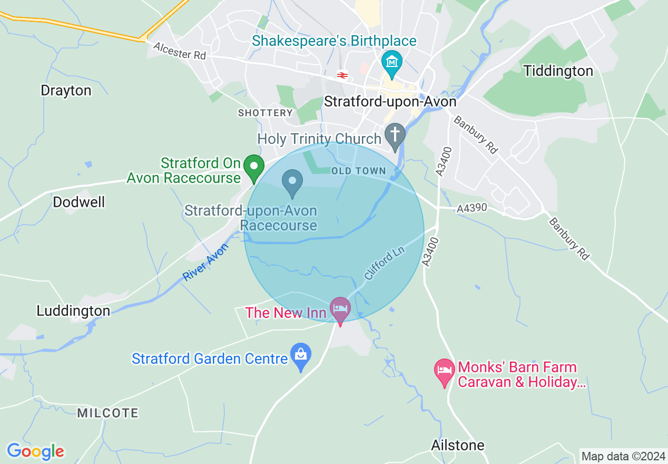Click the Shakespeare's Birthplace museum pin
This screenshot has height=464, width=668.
[x=392, y=63]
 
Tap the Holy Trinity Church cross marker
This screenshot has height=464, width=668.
[x=395, y=135]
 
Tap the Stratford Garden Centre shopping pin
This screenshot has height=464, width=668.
[x=301, y=356]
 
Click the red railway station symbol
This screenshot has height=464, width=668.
[x=342, y=75]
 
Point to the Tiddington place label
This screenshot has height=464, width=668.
[x=558, y=71]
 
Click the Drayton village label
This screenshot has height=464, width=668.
[x=66, y=90]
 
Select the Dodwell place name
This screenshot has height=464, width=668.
[x=79, y=202]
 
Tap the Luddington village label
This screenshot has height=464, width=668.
[x=73, y=311]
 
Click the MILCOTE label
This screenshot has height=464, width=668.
[x=107, y=413]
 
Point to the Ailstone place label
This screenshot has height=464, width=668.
[x=457, y=445]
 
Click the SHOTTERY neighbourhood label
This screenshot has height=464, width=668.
[x=265, y=113]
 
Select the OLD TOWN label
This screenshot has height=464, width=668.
[x=359, y=171]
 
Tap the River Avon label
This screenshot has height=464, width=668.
[x=206, y=262]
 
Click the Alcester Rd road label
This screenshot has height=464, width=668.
[x=180, y=51]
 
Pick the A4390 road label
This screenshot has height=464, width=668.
[x=473, y=208]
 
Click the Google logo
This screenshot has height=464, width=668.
[x=35, y=451]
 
